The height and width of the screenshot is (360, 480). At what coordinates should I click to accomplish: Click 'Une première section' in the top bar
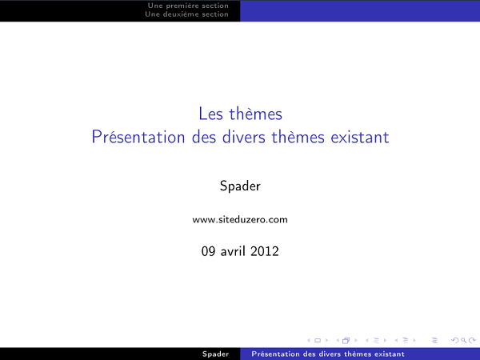(188, 6)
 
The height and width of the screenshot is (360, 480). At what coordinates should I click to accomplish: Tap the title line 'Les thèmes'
(240, 115)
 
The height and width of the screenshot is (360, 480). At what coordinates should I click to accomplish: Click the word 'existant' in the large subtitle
(358, 137)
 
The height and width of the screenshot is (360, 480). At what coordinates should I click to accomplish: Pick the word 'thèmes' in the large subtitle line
(298, 137)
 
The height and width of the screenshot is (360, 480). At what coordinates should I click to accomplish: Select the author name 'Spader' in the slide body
(240, 186)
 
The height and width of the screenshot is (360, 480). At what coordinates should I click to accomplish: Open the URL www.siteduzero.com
(240, 219)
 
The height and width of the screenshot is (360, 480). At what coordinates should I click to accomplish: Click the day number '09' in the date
(210, 251)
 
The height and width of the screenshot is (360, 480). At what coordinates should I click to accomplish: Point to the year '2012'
(265, 251)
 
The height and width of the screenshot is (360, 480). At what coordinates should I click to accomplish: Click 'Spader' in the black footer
(216, 354)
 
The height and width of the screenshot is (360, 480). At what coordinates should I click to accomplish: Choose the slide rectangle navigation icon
(318, 339)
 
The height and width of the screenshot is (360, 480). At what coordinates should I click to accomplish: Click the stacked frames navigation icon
(346, 339)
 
